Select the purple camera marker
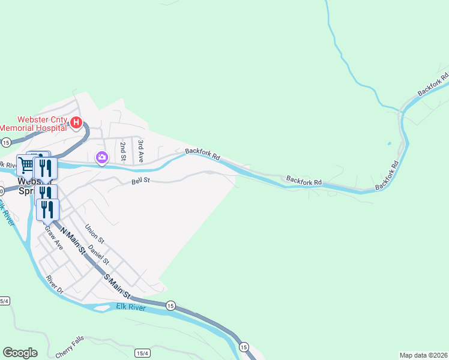coord(101,158)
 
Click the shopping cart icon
coord(26,165)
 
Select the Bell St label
coord(140,179)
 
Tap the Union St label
coord(94,234)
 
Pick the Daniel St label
coord(98,254)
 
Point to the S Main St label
coord(117,286)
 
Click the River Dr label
coord(54,285)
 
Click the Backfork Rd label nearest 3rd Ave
coord(203,154)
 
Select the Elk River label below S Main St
coord(127,308)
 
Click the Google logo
coord(20,353)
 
